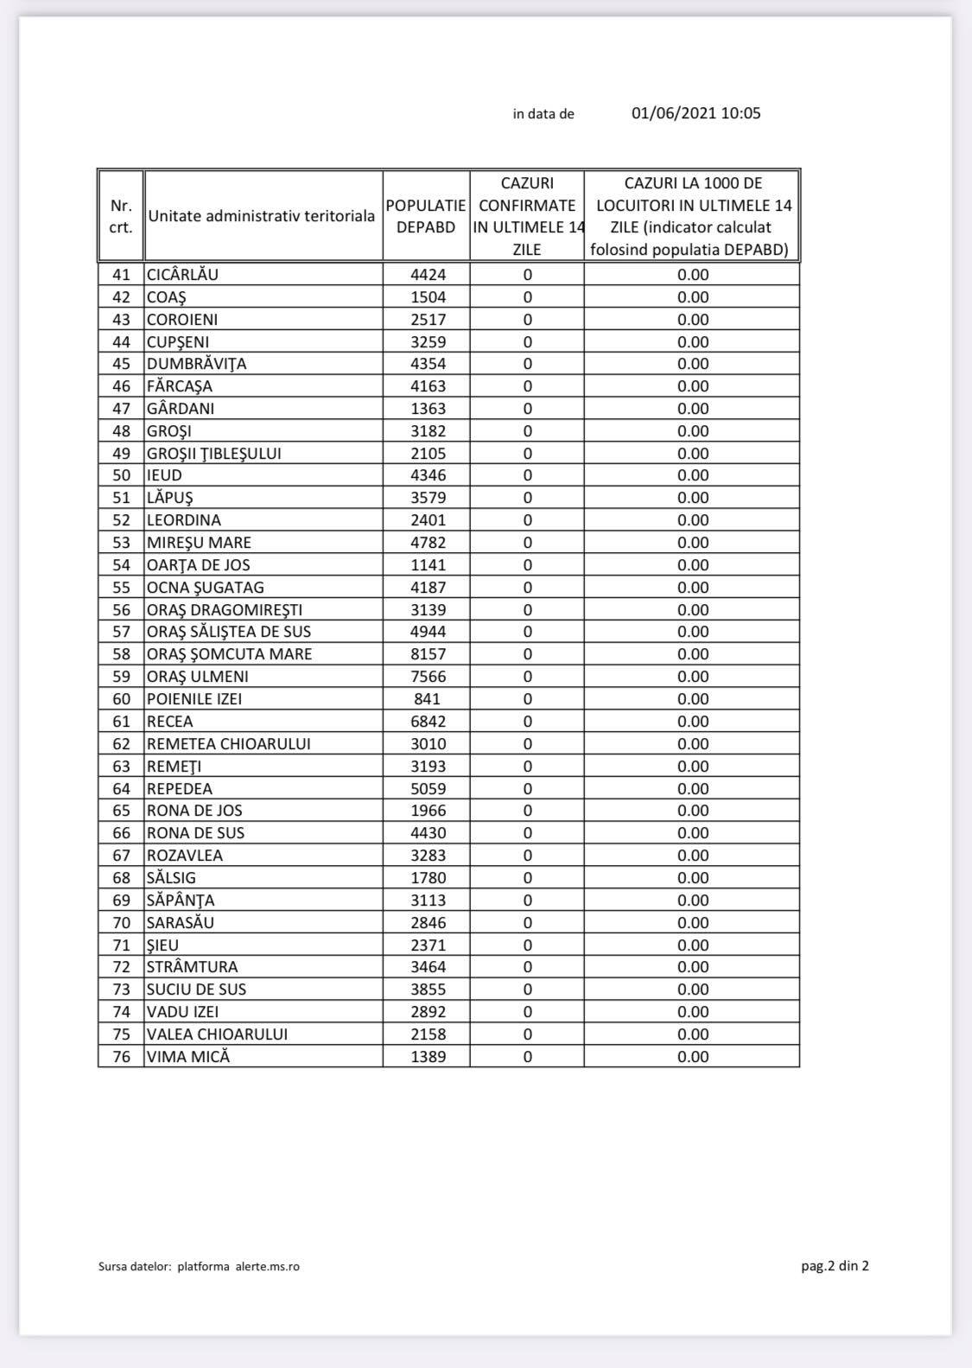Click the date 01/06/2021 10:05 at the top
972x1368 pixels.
[x=696, y=113]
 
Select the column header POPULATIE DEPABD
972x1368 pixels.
[x=426, y=216]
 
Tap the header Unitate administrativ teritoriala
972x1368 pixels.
[x=261, y=216]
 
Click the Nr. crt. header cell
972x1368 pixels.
[x=121, y=216]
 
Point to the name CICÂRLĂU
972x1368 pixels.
[x=182, y=275]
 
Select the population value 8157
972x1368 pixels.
[x=428, y=654]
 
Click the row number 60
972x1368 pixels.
[x=121, y=699]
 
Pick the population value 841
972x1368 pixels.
[x=427, y=699]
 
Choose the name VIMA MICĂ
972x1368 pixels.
[x=188, y=1057]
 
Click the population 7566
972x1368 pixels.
[x=428, y=677]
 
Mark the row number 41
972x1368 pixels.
[x=121, y=275]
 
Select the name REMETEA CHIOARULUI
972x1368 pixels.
[x=228, y=744]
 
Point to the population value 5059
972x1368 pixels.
[x=428, y=789]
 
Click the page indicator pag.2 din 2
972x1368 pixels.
[x=835, y=1266]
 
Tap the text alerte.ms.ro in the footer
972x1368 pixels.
[x=268, y=1267]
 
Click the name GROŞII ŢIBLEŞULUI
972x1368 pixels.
[x=213, y=454]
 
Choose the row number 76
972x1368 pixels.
[x=121, y=1057]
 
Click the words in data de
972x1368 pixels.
[x=543, y=114]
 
